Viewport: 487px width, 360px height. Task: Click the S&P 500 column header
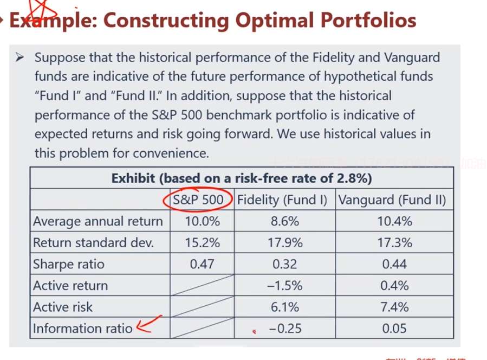pos(198,200)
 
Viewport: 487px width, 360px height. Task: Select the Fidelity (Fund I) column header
pos(282,200)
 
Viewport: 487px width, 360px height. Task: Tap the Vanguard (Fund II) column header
pos(392,200)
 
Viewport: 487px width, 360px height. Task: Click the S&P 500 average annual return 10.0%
pos(203,221)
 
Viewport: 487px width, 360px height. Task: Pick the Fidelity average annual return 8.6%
pos(285,221)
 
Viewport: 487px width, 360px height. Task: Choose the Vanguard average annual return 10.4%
pos(395,221)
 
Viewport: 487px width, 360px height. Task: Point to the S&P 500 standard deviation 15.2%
pos(203,243)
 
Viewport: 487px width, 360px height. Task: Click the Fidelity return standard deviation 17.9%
pos(285,243)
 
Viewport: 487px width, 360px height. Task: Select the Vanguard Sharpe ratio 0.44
pos(395,264)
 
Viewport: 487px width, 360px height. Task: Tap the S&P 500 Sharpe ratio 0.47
pos(203,264)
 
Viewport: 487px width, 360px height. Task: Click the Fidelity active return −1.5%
pos(284,286)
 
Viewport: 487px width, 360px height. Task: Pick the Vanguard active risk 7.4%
pos(395,307)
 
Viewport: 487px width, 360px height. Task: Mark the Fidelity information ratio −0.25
pos(285,329)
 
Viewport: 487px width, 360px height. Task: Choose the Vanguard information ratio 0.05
pos(395,329)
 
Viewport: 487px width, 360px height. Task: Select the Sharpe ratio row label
pos(69,264)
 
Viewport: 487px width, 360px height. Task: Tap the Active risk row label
pos(63,307)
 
